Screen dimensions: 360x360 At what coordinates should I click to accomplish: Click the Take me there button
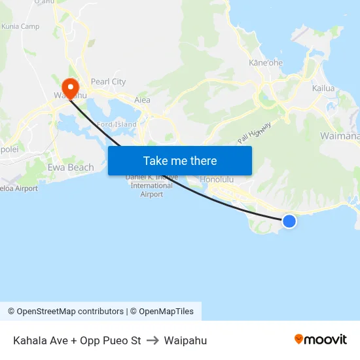coord(180,160)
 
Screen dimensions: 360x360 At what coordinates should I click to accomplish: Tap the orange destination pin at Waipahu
coord(70,88)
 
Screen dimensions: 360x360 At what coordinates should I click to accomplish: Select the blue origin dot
coord(289,221)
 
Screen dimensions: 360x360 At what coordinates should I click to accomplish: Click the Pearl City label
coord(108,82)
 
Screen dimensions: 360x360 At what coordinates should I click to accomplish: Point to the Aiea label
coord(142,100)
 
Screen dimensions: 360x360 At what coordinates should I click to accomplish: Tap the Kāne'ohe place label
coord(266,63)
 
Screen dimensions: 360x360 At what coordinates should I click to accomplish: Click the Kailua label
coord(323,88)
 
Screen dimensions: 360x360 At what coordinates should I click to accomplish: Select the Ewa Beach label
coord(71,168)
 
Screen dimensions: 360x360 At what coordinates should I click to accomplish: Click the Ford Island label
coord(117,124)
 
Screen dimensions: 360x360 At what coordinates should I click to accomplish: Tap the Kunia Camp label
coord(20,27)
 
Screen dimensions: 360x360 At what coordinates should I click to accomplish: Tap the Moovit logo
coord(321,340)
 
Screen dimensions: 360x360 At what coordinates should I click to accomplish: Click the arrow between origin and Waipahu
coord(153,340)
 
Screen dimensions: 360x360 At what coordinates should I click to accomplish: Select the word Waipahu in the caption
coord(185,340)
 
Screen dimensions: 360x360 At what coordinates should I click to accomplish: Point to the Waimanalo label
coord(339,136)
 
